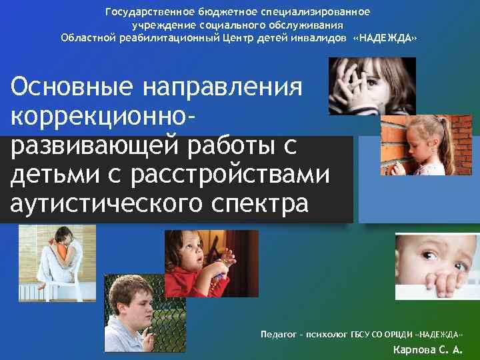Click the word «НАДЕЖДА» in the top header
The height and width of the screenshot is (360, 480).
[387, 38]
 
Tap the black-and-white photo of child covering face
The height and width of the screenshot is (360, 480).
[372, 86]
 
